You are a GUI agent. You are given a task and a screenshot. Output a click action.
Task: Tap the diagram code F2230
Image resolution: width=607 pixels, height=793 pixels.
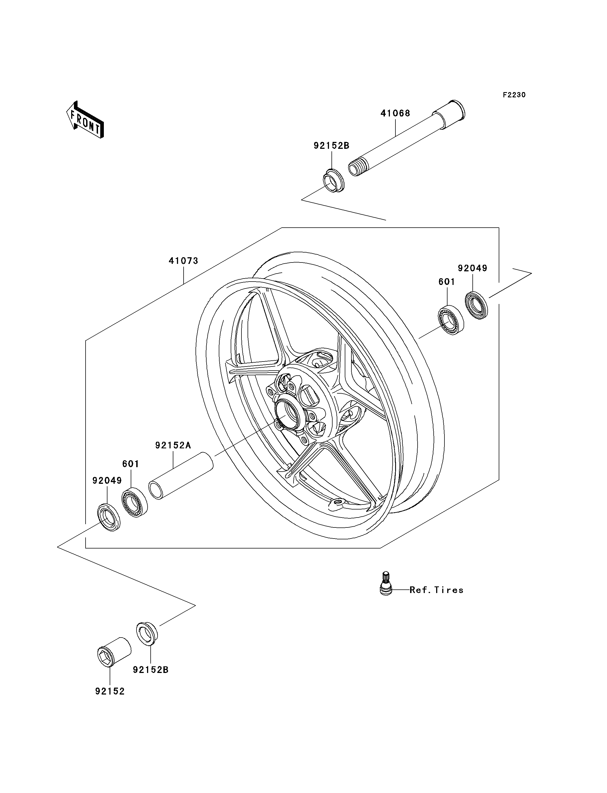(514, 95)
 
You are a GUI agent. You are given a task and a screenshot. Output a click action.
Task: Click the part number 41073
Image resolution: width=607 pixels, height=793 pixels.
(184, 261)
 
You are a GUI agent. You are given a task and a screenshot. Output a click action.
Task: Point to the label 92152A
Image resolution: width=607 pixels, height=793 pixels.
(173, 445)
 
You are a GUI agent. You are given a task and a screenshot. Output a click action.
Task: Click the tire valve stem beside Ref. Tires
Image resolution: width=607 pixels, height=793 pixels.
(386, 583)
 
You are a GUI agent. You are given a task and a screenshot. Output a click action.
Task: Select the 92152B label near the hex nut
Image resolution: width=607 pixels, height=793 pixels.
(151, 670)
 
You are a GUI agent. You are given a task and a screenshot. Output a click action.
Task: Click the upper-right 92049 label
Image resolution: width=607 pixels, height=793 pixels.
(473, 268)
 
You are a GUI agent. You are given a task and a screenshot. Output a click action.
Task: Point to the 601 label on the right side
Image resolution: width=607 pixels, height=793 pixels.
(447, 282)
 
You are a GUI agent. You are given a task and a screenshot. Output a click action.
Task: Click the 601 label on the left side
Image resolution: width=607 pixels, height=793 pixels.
(130, 464)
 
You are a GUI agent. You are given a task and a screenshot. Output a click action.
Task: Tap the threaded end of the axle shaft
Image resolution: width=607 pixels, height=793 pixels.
(356, 168)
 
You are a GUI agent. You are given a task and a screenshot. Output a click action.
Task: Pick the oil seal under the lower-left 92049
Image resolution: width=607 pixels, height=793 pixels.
(109, 518)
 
